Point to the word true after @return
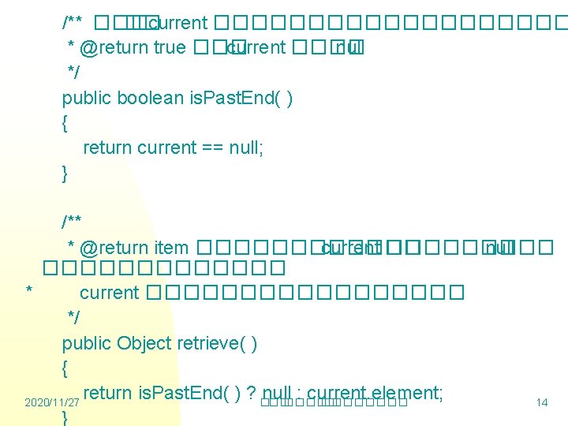[170, 47]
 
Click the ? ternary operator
[251, 393]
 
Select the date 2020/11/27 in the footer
[52, 403]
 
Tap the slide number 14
[542, 403]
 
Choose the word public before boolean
[87, 99]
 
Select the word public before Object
[87, 343]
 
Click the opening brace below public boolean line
[65, 123]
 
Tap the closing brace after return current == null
[65, 173]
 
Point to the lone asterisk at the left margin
[28, 292]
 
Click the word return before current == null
[107, 148]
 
